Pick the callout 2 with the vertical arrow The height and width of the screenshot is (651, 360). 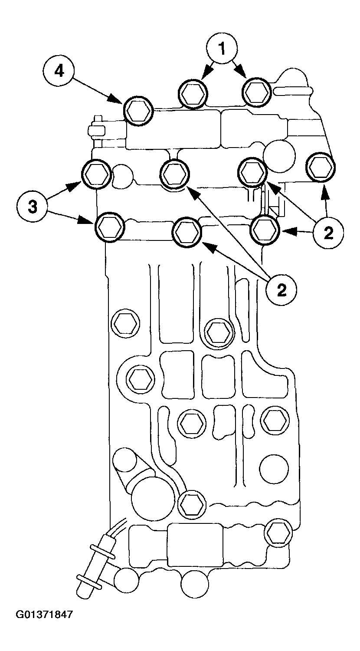[328, 233]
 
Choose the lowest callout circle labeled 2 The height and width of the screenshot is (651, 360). [281, 289]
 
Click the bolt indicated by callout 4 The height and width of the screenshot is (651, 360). [138, 111]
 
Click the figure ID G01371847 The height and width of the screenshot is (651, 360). [45, 615]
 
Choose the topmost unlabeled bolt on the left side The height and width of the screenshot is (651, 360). [126, 323]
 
